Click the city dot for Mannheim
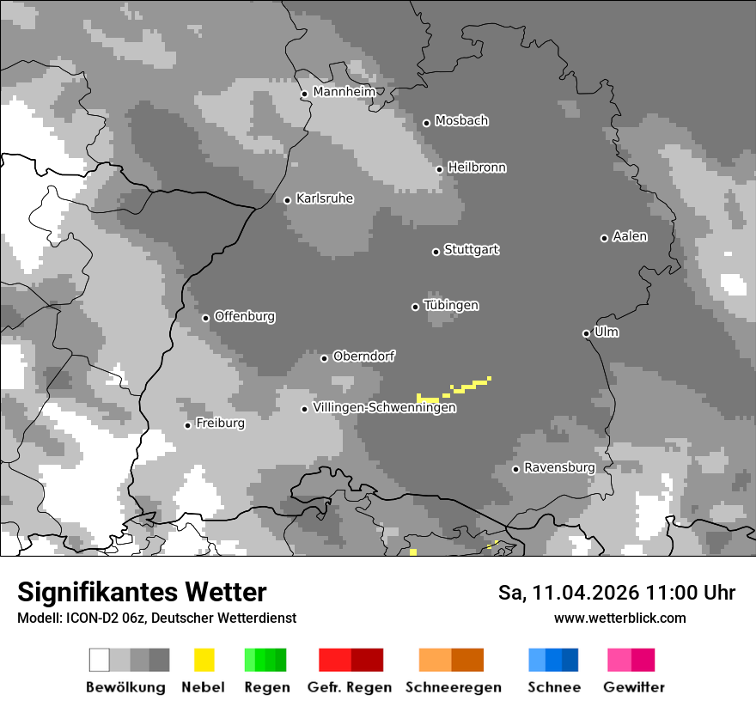tap(304, 94)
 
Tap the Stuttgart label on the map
tap(471, 250)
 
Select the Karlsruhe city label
tap(324, 198)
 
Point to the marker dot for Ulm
tap(586, 333)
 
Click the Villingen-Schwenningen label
tap(384, 408)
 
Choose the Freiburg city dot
tap(187, 425)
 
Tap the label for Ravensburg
tap(559, 467)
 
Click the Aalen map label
tap(630, 236)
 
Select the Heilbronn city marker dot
tap(439, 169)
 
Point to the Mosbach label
tap(461, 121)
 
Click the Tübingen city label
tap(451, 306)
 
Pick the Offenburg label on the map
tap(244, 316)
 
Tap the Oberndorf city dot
tap(324, 358)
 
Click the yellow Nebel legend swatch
tap(204, 660)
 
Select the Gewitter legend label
tap(633, 687)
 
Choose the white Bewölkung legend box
tap(100, 660)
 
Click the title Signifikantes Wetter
tap(142, 593)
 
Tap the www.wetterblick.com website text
tap(619, 618)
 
